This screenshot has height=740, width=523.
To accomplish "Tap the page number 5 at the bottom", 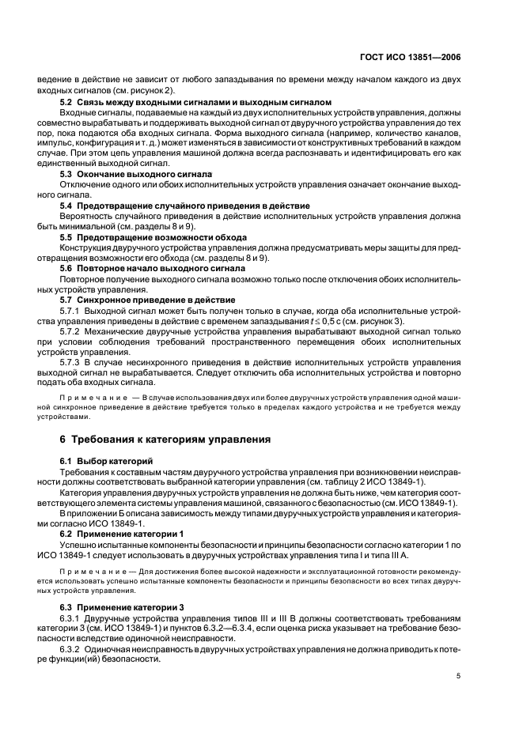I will pyautogui.click(x=459, y=676).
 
